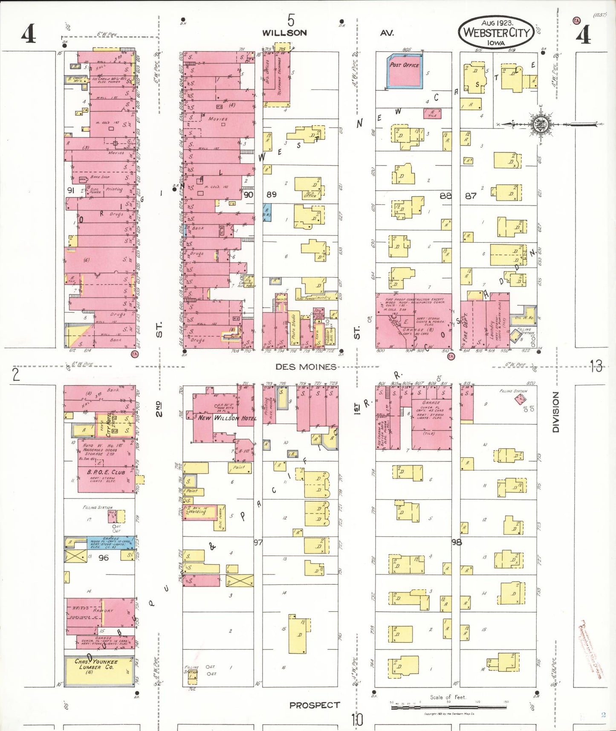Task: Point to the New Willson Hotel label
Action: [x=227, y=418]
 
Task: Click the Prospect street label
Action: [x=315, y=705]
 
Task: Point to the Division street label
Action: [x=555, y=412]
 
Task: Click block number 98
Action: [x=457, y=542]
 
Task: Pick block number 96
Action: [x=104, y=557]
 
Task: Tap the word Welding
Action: [x=197, y=511]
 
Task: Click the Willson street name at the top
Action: [x=284, y=33]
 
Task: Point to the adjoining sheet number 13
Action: [x=596, y=366]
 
